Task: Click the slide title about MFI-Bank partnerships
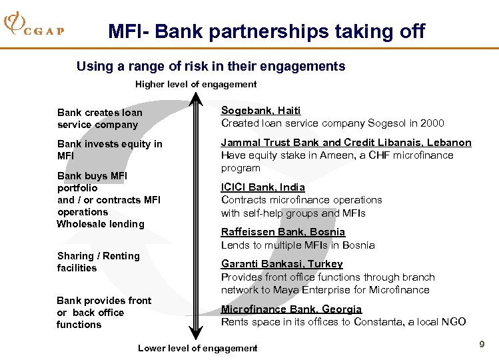[x=266, y=31]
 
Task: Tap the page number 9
[x=481, y=344]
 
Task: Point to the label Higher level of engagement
[x=196, y=84]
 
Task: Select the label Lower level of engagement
[x=197, y=348]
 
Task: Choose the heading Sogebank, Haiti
[x=260, y=110]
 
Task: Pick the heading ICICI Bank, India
[x=262, y=187]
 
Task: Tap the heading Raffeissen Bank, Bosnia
[x=282, y=232]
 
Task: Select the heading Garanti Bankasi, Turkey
[x=282, y=264]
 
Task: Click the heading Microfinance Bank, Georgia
[x=291, y=309]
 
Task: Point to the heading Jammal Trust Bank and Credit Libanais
[x=346, y=143]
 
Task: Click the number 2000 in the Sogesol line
[x=432, y=123]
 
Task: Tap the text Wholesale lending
[x=101, y=224]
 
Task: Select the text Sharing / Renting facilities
[x=98, y=262]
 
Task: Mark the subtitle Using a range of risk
[x=211, y=66]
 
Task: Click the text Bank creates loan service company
[x=99, y=119]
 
